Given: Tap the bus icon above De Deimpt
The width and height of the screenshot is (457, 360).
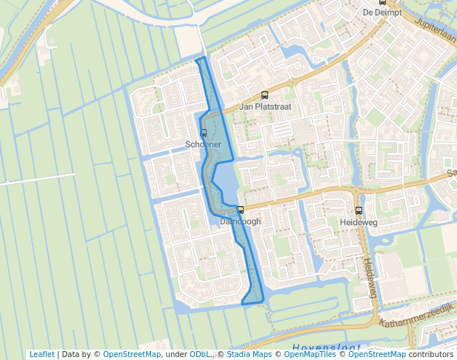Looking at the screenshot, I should point(382,3).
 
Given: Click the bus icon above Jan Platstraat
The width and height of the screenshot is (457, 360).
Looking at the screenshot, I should point(264,95).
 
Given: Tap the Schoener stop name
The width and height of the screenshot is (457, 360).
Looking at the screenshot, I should point(204,144).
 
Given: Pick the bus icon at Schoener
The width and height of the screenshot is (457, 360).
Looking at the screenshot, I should point(204,133).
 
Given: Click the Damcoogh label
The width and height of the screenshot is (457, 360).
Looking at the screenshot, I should point(240,221).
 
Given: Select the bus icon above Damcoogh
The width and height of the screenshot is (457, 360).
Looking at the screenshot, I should point(240,210).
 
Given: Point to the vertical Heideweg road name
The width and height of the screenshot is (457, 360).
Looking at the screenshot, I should point(369,278).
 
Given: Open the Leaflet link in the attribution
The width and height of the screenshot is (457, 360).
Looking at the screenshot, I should point(41,355).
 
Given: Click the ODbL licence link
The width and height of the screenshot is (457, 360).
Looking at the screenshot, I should point(199,355).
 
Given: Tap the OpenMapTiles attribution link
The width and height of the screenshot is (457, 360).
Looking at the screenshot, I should point(310,355).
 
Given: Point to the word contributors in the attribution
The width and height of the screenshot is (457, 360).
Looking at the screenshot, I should point(431,355).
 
